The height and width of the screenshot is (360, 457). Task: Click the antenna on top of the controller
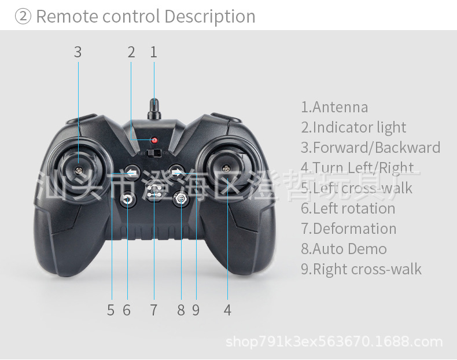[x=154, y=109]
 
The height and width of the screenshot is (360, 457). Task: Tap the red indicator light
[x=154, y=140]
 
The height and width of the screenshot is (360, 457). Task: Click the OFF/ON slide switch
[x=154, y=153]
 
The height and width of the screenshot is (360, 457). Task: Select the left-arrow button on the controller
[x=132, y=172]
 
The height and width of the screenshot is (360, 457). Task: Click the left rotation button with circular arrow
[x=128, y=200]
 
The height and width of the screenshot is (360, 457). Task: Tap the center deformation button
[x=154, y=191]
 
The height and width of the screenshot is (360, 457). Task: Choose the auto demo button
[x=181, y=199]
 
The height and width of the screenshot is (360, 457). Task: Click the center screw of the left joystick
[x=79, y=170]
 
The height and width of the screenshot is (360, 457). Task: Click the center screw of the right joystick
[x=226, y=168]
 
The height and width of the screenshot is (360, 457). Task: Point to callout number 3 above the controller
[x=78, y=53]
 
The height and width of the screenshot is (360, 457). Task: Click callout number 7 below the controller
[x=154, y=310]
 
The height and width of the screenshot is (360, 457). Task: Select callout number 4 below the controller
[x=227, y=310]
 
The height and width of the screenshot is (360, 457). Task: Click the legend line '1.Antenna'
[x=334, y=107]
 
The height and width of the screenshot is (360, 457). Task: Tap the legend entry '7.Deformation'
[x=349, y=229]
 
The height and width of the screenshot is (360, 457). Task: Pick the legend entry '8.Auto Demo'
[x=344, y=249]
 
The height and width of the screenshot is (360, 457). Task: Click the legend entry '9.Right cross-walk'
[x=361, y=269]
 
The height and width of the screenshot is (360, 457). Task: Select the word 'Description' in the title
[x=210, y=16]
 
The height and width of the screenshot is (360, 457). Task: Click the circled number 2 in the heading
[x=23, y=16]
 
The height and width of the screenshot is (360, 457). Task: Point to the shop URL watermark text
[x=334, y=341]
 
